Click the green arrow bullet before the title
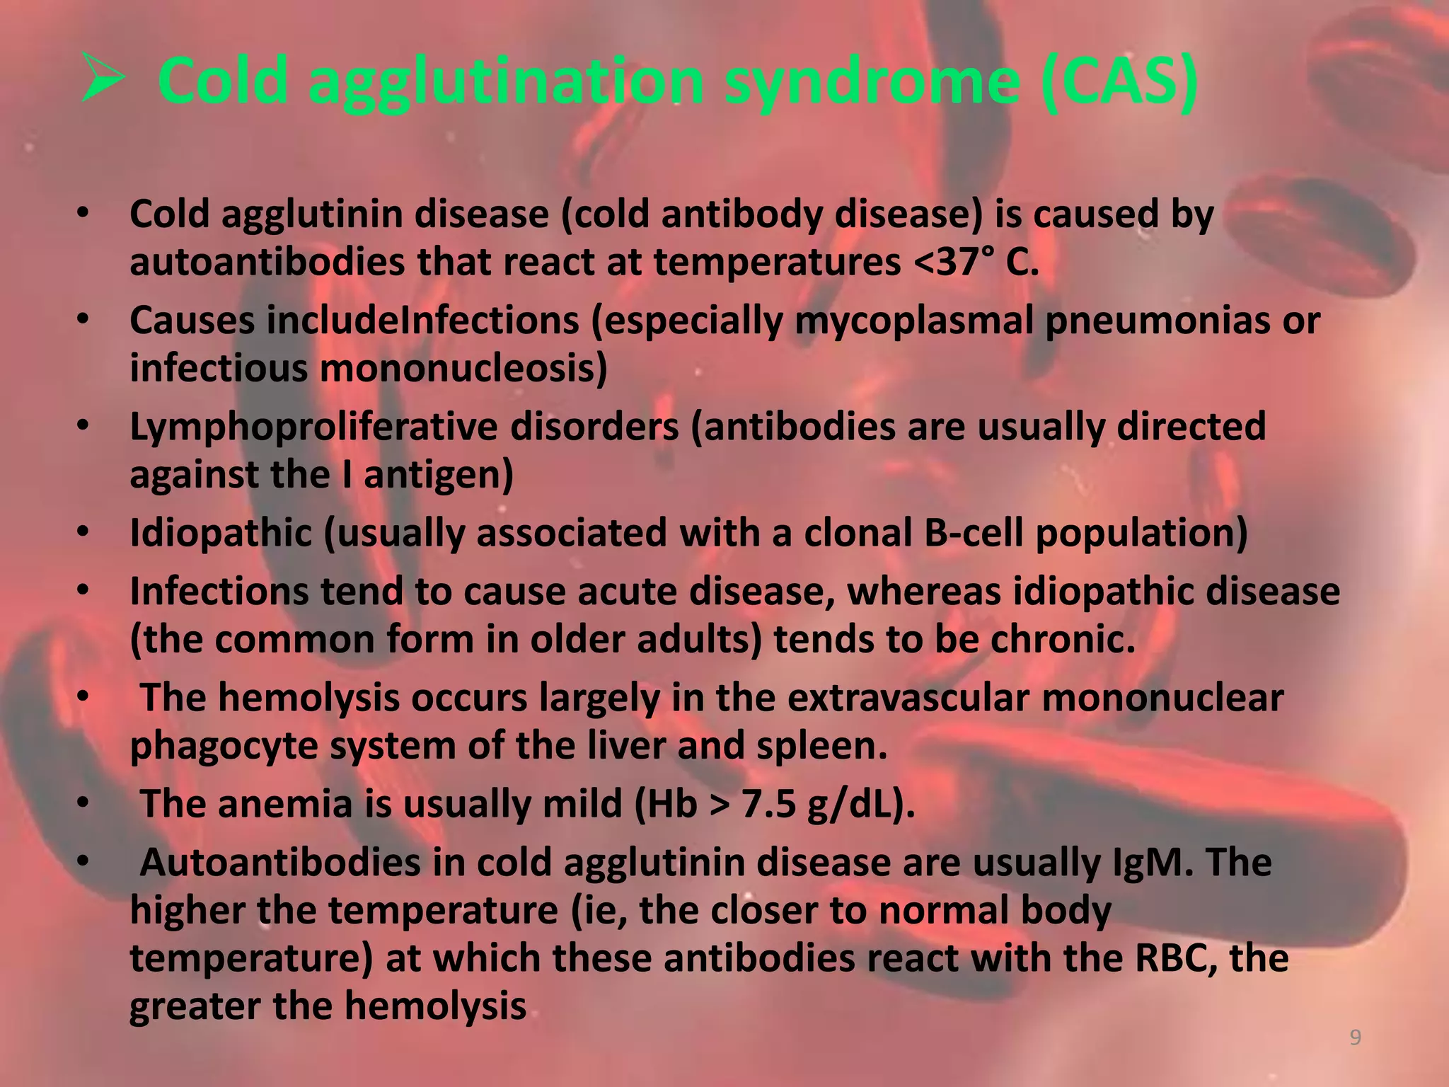coord(103,77)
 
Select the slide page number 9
coord(1356,1037)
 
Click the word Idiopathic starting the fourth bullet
coord(221,533)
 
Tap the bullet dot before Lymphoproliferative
coord(83,426)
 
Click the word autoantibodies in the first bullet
coord(267,263)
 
